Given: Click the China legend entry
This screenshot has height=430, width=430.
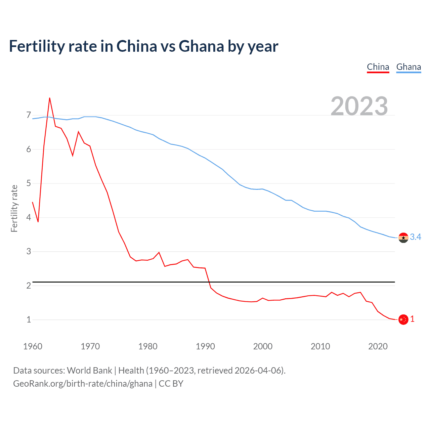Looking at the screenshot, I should [x=378, y=67].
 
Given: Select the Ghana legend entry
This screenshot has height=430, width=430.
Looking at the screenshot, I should [x=408, y=67].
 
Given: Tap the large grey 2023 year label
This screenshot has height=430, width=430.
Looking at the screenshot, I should [x=359, y=106].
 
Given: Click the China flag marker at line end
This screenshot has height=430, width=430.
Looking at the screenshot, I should [x=403, y=319].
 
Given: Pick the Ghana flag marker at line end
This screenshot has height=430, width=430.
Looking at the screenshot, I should [x=403, y=238].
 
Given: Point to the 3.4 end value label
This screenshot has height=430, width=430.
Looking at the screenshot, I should [x=416, y=237].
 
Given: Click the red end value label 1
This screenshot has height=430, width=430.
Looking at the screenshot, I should [x=413, y=319].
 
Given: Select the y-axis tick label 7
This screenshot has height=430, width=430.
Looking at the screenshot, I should [x=29, y=115].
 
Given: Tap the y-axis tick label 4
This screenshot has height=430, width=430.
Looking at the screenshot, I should [x=29, y=217].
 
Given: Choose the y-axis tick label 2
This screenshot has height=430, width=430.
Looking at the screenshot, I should [x=29, y=286].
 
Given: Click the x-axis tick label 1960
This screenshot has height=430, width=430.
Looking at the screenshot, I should [x=33, y=346].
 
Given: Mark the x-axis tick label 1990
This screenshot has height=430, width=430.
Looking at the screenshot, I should [x=205, y=346].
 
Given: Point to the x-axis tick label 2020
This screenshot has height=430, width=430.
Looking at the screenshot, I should [x=378, y=346].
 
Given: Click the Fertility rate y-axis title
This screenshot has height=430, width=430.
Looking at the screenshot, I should [x=14, y=208].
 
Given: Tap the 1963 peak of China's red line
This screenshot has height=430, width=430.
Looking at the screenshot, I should [x=50, y=98].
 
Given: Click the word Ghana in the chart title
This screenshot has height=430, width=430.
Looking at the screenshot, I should [x=201, y=46].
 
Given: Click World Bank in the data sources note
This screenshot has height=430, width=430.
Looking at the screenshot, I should [x=89, y=371].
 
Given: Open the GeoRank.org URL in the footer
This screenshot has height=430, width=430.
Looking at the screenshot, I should [x=83, y=384].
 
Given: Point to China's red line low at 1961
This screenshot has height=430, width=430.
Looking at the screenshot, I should [x=38, y=222].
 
